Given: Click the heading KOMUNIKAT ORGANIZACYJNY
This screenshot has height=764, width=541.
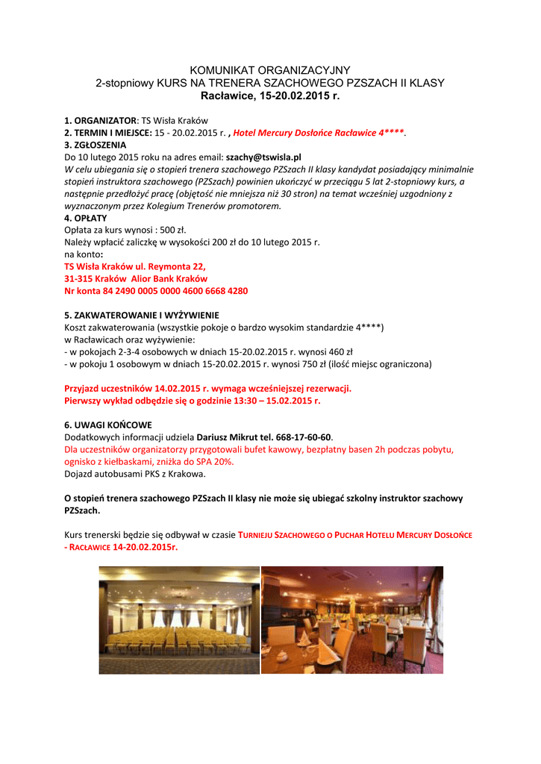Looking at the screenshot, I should [270, 70].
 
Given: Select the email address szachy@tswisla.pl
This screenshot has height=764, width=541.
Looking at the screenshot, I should [263, 157].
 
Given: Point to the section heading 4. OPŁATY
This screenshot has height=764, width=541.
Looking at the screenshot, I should [86, 218].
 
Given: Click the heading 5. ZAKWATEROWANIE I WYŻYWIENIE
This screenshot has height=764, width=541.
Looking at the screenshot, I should [142, 315].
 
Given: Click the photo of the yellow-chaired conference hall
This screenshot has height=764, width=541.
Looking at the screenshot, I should [179, 619].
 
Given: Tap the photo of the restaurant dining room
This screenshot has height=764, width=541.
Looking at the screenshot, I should [351, 619].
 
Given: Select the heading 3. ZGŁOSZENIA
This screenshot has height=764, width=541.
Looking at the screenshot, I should [96, 145].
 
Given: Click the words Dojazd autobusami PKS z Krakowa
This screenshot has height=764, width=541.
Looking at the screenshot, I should [135, 474].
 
